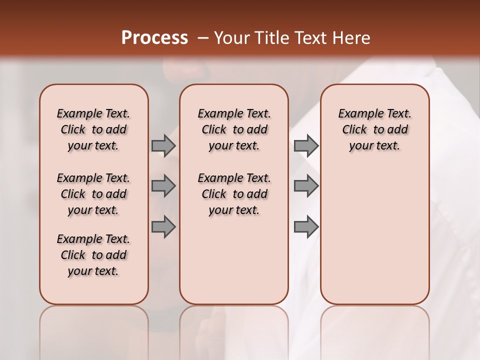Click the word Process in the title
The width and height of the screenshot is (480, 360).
(x=154, y=38)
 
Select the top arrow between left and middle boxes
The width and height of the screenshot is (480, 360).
(x=163, y=145)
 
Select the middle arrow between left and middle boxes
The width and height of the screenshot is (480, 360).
(x=163, y=186)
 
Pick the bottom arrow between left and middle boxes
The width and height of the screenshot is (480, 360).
(x=163, y=227)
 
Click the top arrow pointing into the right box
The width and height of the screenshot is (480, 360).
(x=306, y=145)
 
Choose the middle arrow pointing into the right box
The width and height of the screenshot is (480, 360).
(x=306, y=186)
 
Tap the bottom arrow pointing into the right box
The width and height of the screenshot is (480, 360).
(x=306, y=227)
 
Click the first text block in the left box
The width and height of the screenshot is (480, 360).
(x=93, y=129)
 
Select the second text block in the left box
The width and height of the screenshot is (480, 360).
(x=93, y=194)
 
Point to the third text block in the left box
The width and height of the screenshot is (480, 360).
(x=93, y=255)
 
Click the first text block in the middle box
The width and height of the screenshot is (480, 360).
(x=234, y=129)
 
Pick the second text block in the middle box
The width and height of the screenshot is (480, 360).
(x=234, y=194)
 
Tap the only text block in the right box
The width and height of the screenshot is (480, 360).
(x=374, y=129)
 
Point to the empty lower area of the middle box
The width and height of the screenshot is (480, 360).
(x=234, y=260)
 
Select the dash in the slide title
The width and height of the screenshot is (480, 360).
(x=202, y=38)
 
